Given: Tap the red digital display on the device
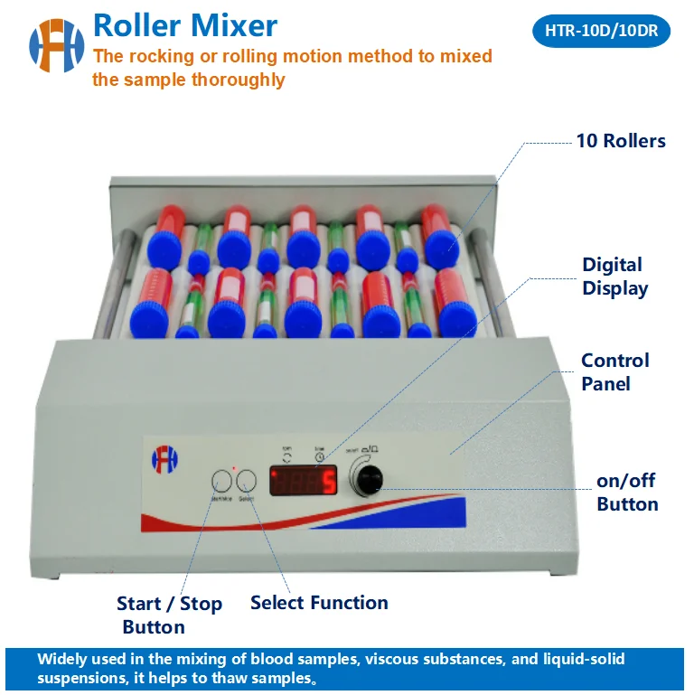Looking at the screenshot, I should click(303, 481).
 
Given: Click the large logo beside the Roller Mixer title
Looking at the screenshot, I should click(56, 46).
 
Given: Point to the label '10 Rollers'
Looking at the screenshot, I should click(621, 141).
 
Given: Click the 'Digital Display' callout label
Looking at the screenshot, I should click(614, 277).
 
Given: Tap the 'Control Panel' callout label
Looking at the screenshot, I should click(614, 371).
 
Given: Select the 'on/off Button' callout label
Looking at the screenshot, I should click(627, 493).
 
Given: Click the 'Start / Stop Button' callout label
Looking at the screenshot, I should click(169, 615).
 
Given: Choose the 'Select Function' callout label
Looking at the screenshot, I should click(319, 603).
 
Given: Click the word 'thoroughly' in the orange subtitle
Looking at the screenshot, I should click(238, 80).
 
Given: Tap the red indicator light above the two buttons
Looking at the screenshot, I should click(233, 468).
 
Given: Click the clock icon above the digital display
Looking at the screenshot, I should click(321, 457).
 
